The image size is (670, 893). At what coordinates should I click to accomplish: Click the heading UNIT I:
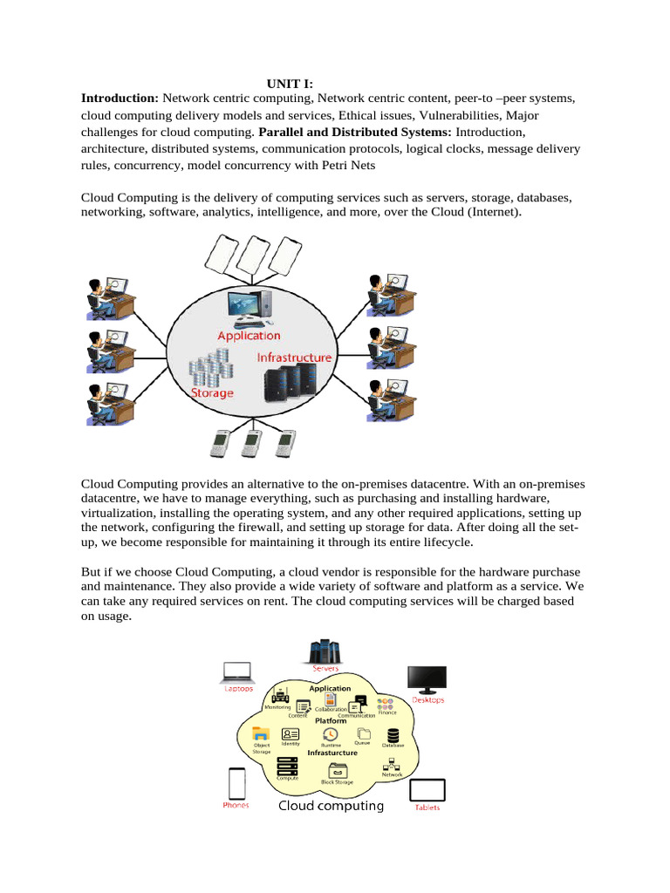click(289, 85)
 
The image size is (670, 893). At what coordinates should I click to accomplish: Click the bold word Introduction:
click(120, 99)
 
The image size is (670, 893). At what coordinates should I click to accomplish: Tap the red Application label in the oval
click(249, 336)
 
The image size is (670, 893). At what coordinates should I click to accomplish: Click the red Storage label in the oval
click(212, 393)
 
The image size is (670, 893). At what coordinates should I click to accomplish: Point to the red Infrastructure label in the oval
click(294, 358)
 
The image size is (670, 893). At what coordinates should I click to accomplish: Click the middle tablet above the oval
click(252, 254)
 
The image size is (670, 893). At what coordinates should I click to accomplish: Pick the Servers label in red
click(325, 669)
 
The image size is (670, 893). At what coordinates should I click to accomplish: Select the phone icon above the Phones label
click(236, 781)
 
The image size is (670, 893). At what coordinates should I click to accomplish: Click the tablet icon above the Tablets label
click(427, 790)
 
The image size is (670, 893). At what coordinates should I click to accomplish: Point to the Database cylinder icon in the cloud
click(393, 735)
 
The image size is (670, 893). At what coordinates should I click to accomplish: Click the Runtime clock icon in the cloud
click(331, 735)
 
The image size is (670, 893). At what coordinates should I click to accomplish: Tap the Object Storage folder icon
click(259, 733)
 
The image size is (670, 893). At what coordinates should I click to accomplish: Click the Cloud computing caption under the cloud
click(331, 806)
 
